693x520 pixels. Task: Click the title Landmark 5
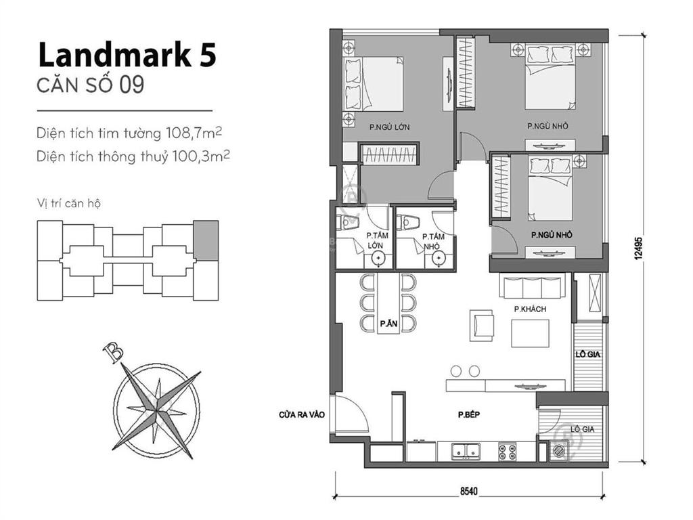[x=127, y=56]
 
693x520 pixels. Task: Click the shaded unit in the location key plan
[x=206, y=240]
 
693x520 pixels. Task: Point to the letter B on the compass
[x=113, y=352]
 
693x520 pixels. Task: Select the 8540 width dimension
[x=469, y=491]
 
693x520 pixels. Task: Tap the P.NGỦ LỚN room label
[x=390, y=127]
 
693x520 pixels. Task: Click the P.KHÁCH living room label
[x=530, y=309]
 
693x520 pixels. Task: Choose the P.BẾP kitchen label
[x=468, y=415]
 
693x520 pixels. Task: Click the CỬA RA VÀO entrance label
[x=302, y=415]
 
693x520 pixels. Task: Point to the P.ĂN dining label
[x=388, y=324]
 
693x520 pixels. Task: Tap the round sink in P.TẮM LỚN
[x=378, y=258]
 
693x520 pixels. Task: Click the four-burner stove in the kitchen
[x=508, y=452]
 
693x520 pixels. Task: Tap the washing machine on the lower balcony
[x=558, y=452]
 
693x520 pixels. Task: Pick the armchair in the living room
[x=481, y=325]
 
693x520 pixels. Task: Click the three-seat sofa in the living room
[x=532, y=286]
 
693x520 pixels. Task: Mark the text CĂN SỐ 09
[x=91, y=85]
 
